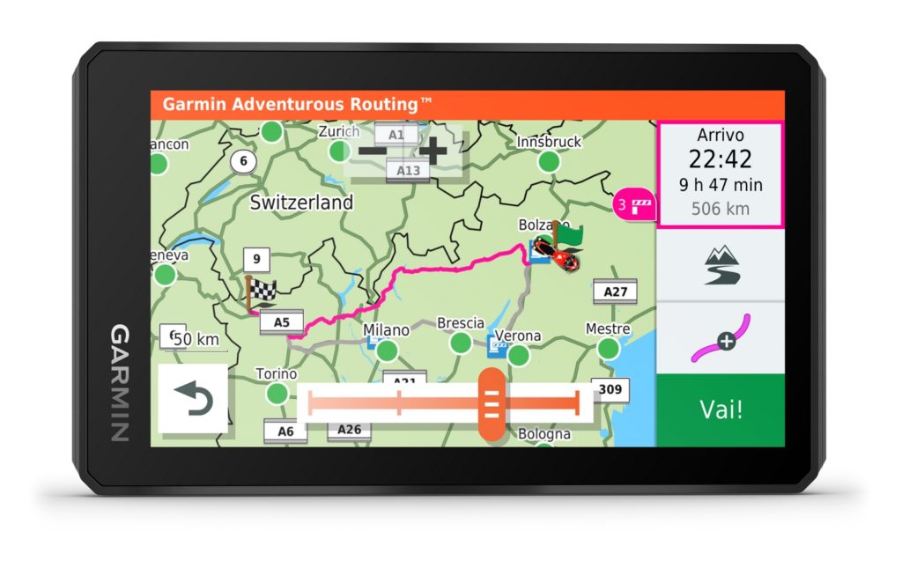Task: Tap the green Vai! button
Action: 720,410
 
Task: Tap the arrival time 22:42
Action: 720,159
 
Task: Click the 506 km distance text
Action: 720,209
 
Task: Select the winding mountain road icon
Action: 721,265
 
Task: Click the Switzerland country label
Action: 301,202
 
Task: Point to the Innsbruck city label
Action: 549,142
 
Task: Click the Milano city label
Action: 387,330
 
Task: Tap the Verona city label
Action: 517,336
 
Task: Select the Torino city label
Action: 276,373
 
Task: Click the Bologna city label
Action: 543,433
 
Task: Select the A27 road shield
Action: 615,291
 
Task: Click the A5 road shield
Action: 281,322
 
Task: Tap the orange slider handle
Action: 492,404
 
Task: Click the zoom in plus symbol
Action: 433,151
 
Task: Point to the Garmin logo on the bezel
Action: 120,383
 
